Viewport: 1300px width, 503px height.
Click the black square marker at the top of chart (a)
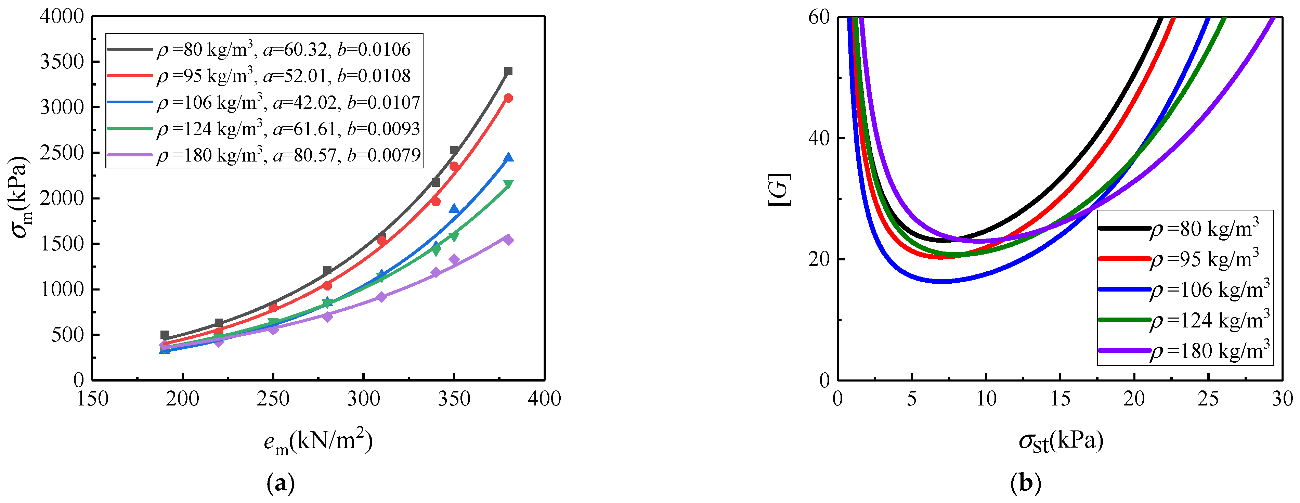coord(508,71)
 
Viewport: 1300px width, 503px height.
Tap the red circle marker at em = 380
coord(508,98)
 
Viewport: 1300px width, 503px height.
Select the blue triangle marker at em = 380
coord(508,157)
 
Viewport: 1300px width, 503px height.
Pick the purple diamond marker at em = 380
coord(508,240)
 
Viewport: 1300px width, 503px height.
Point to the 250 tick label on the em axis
coord(273,399)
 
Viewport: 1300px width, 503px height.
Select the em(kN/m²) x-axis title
coord(318,441)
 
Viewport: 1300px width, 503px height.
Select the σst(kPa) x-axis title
coord(1061,441)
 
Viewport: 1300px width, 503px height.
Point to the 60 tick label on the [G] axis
coord(819,17)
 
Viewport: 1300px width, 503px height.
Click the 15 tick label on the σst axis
coord(1060,399)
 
